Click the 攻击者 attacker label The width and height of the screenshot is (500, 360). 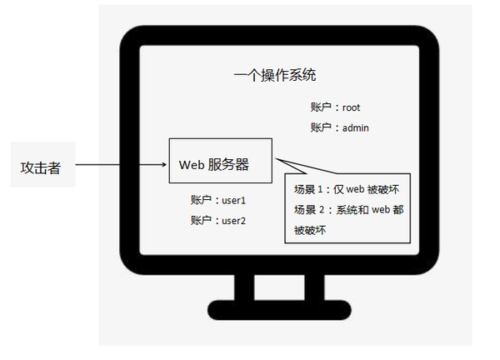click(40, 167)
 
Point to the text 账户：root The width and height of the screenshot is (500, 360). click(335, 107)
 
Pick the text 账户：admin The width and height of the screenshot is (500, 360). click(339, 127)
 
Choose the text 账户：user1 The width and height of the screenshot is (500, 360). click(218, 201)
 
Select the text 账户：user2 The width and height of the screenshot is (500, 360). click(218, 221)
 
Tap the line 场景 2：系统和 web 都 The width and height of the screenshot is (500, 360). click(348, 210)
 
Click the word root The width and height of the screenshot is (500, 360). click(351, 107)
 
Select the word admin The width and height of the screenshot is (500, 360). click(355, 127)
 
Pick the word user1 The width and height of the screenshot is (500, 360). click(234, 201)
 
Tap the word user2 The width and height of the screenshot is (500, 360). click(234, 221)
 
